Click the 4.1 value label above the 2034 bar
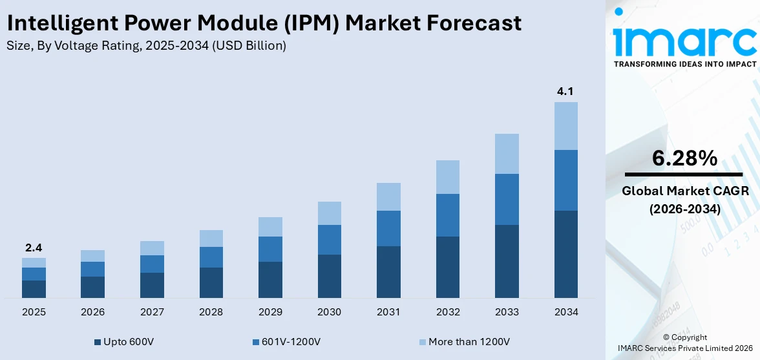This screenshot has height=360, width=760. (565, 92)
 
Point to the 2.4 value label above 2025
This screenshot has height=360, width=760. (34, 248)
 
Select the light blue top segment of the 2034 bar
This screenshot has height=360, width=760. (565, 125)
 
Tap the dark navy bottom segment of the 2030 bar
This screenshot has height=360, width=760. (329, 276)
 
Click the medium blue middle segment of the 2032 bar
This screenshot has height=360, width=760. (447, 215)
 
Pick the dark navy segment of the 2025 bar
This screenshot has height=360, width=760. (34, 289)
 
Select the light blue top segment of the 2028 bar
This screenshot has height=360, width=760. (211, 238)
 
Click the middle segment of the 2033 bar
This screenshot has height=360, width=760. (507, 199)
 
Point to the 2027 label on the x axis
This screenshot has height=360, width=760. (152, 312)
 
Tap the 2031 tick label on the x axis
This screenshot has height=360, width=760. (388, 312)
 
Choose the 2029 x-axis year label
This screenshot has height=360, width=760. (270, 312)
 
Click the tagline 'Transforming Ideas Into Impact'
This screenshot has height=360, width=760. (684, 64)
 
